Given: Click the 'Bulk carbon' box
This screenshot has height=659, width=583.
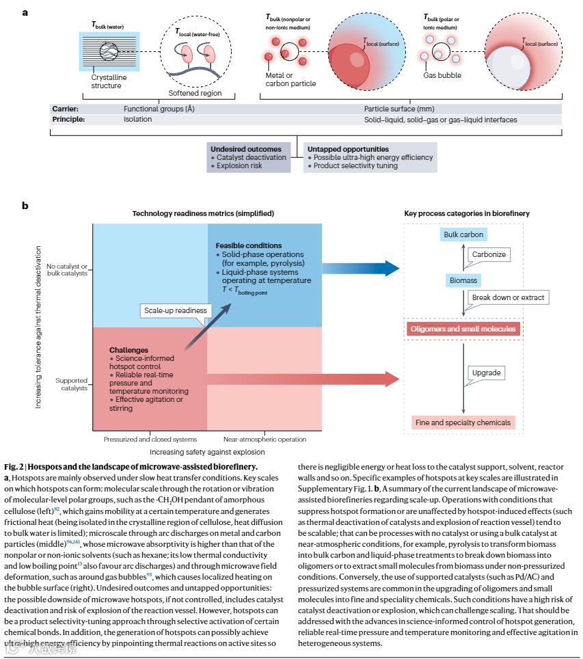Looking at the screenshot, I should click(463, 234).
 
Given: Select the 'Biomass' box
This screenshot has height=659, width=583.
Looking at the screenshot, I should click(463, 280).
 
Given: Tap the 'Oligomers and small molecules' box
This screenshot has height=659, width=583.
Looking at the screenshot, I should click(463, 329).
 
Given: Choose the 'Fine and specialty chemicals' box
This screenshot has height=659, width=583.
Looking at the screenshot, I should click(463, 422).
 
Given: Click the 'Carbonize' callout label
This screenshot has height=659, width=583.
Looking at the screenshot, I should click(489, 254).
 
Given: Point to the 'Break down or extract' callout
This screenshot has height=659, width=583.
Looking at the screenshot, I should click(510, 298).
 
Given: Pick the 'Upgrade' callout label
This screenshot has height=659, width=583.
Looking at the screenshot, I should click(487, 373).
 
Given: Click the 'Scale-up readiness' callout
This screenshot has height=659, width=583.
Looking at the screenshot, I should click(175, 310).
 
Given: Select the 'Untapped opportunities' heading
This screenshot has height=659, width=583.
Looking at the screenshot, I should click(348, 149).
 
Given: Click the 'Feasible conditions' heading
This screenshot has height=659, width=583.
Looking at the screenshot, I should click(248, 245).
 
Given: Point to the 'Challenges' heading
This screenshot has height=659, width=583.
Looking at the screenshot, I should click(128, 350).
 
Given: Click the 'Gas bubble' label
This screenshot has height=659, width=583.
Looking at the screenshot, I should click(442, 75).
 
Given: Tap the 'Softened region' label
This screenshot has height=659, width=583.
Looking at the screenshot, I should click(195, 93).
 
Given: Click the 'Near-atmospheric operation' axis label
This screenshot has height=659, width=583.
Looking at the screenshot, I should click(265, 439).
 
